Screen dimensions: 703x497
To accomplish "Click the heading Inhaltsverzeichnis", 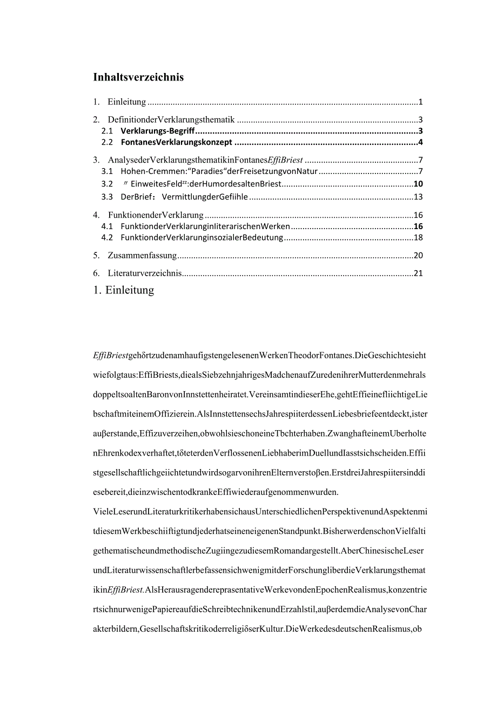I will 138,77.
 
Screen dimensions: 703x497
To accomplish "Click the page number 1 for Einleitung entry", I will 420,102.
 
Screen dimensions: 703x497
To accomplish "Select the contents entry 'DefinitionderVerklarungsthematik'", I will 171,119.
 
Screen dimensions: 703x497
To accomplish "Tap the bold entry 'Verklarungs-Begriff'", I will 157,131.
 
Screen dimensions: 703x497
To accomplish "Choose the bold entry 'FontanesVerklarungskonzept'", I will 176,142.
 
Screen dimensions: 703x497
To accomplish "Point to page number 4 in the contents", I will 420,142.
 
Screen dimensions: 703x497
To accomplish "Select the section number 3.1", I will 107,171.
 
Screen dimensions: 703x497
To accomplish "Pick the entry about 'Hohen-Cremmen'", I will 219,171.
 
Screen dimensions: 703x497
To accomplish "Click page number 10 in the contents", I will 418,184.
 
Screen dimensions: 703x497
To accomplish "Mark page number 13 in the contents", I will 418,197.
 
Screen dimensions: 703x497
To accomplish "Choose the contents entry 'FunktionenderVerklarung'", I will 156,215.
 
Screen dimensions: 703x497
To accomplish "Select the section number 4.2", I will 107,237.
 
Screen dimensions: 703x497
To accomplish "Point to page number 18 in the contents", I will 418,237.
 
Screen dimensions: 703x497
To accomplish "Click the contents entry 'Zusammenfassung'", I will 142,255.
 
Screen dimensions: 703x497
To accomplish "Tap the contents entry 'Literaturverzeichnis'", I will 145,273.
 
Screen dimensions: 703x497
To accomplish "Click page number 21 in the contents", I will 418,273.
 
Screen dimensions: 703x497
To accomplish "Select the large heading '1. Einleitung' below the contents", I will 124,290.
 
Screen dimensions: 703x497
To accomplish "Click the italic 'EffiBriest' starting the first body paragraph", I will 111,355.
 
